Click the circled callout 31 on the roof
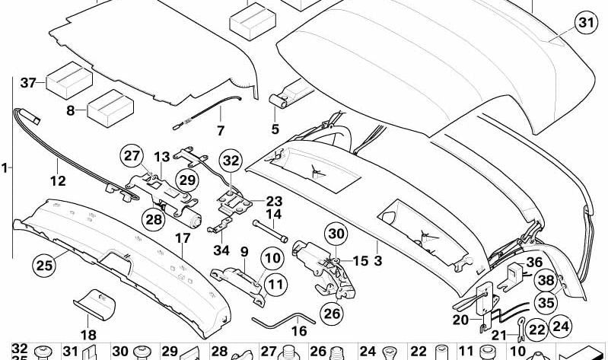click(584, 24)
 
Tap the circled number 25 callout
click(44, 265)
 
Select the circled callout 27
click(132, 156)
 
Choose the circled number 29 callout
click(186, 180)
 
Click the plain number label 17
click(183, 237)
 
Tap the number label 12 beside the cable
click(58, 181)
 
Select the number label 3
click(377, 261)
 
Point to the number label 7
click(221, 130)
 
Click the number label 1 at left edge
click(6, 166)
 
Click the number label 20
click(460, 320)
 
